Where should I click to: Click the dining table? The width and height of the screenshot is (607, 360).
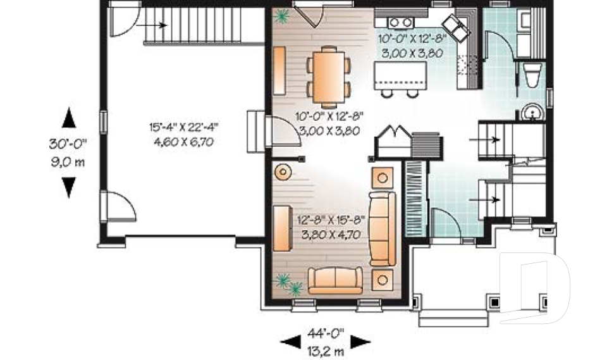click(329, 77)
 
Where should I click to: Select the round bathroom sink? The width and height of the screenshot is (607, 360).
click(533, 113)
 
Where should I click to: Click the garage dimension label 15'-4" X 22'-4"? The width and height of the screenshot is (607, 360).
click(184, 127)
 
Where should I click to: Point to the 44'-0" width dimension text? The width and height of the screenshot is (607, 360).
click(326, 333)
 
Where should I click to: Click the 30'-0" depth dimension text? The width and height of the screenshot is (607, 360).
click(68, 144)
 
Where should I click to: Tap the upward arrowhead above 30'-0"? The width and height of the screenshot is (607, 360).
click(69, 118)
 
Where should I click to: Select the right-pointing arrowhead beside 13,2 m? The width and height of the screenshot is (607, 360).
click(360, 342)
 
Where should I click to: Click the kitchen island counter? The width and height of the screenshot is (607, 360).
click(400, 75)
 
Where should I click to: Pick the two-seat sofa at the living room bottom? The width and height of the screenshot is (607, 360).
click(335, 280)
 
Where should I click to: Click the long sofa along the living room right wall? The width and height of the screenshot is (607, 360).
click(382, 228)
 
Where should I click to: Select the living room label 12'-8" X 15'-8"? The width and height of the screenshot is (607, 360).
click(331, 220)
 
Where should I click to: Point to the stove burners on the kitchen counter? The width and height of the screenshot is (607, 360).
click(400, 23)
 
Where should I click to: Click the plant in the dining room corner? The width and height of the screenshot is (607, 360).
click(281, 16)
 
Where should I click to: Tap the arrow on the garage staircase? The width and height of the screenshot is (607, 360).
click(152, 25)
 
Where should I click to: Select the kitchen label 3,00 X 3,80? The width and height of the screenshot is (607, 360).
click(412, 53)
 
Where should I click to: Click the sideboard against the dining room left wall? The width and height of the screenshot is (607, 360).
click(279, 70)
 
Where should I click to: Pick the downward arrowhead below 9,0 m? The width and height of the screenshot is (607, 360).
click(69, 188)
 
